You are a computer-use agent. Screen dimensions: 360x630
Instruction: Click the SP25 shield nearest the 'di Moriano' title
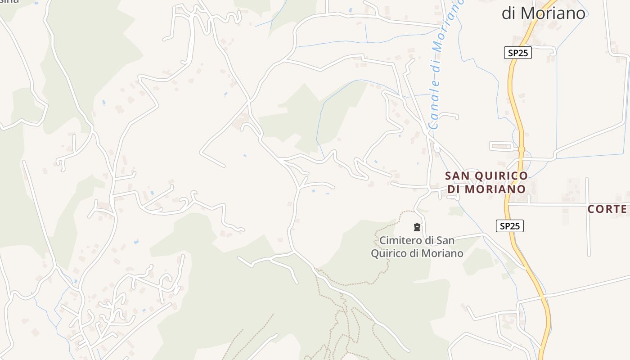[517, 53]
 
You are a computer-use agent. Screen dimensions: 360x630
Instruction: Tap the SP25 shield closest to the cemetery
[510, 225]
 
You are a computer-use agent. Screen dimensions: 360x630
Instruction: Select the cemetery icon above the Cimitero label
[417, 227]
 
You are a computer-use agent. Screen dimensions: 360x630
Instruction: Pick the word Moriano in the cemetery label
[442, 253]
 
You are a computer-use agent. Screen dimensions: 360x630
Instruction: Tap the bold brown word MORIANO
[495, 189]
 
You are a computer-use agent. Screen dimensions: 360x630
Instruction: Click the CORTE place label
[607, 209]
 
